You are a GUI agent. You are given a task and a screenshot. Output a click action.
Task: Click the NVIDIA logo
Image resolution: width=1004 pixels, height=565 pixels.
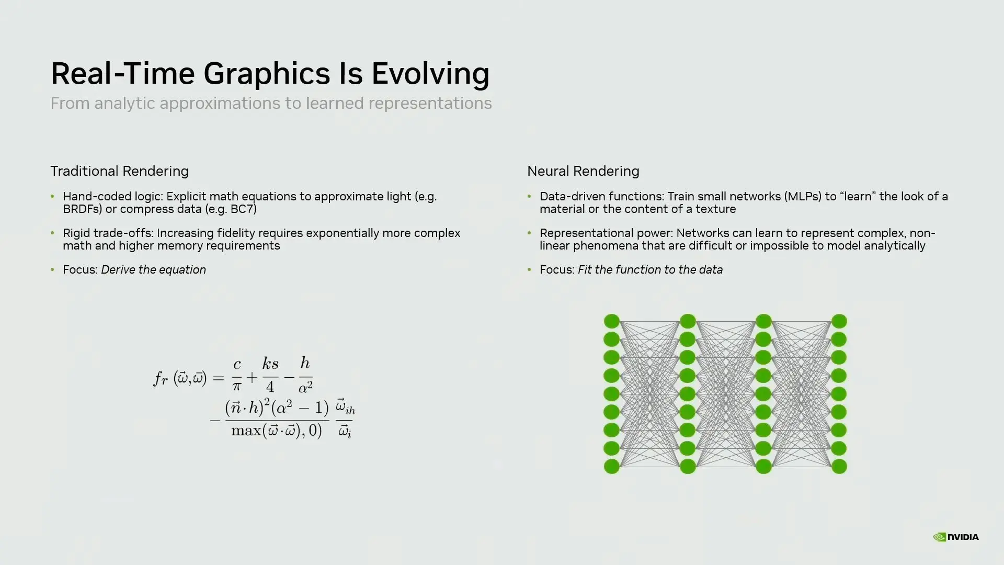[x=955, y=537]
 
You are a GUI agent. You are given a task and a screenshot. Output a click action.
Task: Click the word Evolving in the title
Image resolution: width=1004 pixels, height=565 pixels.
[x=430, y=74]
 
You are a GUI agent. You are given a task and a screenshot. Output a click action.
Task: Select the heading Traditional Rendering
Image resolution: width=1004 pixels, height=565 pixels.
[x=119, y=171]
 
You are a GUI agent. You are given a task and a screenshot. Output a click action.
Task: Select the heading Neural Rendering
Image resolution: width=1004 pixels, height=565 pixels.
[x=583, y=171]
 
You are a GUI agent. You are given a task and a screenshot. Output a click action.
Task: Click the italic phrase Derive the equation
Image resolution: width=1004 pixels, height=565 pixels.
[x=153, y=270]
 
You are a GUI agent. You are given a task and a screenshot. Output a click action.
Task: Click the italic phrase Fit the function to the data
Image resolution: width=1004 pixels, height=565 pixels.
[x=650, y=270]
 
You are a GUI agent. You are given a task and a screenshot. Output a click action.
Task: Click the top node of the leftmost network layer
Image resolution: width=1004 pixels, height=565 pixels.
[x=612, y=321]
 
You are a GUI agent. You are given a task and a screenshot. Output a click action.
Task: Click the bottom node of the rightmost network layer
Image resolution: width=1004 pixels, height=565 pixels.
[x=839, y=466]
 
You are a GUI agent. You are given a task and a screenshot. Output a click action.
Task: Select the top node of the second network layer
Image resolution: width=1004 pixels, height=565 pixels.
[x=688, y=321]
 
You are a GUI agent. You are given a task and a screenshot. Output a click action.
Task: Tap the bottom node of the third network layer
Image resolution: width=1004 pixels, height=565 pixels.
[x=763, y=466]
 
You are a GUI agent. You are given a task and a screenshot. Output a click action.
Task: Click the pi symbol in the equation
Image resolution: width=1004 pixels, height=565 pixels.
[x=237, y=387]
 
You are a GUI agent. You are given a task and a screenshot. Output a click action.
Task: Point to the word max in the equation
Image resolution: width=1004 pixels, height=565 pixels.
[x=246, y=431]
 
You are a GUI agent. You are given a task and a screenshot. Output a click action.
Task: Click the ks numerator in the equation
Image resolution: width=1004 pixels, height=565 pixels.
[x=270, y=364]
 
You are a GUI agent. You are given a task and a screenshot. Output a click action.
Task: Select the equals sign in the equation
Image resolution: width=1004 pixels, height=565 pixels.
[x=219, y=378]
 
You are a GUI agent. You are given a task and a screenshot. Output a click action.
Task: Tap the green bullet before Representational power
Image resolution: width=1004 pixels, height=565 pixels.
[x=529, y=233]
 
